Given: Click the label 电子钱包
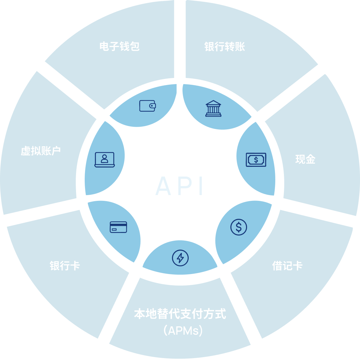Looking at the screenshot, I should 119,47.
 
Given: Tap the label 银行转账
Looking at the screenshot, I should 225,47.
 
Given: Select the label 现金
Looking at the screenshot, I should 305,159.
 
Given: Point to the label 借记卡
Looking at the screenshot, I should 287,266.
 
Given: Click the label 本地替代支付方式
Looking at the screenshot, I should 180,314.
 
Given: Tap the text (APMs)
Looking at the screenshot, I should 183,330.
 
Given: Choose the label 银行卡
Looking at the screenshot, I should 64,266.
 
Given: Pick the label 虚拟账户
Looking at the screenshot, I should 41,151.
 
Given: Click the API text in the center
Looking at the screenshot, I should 180,186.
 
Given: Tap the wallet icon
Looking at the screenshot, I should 148,106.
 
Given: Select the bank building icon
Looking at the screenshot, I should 213,108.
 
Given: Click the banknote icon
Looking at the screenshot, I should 256,159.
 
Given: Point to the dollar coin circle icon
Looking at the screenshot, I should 239,227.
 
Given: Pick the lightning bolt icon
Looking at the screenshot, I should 180,258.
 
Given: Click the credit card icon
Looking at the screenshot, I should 118,227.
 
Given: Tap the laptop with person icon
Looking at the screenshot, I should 105,159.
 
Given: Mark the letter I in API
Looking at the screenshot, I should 201,186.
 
